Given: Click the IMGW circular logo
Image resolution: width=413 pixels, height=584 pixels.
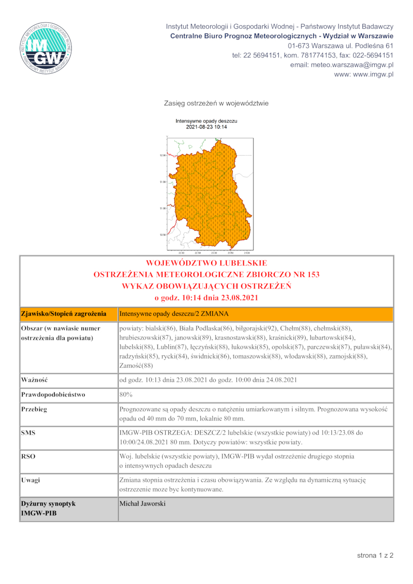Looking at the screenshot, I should (47, 48).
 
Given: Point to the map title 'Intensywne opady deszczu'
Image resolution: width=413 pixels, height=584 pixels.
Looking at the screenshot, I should (206, 121).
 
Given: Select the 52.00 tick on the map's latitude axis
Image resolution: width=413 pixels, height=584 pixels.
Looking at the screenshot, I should (163, 155).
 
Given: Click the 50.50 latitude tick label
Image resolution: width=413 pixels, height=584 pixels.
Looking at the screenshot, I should (163, 235).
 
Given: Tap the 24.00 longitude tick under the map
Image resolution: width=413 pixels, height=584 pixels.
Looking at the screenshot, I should (247, 253).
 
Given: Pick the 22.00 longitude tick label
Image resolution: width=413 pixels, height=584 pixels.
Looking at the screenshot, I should (181, 253).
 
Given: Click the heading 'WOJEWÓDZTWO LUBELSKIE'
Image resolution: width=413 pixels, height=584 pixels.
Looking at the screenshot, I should (206, 264).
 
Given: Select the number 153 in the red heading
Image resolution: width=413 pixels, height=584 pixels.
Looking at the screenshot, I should (312, 274).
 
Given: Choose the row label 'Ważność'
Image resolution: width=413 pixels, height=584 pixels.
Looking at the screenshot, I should (35, 380).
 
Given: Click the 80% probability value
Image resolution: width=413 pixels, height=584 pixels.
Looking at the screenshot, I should (126, 395).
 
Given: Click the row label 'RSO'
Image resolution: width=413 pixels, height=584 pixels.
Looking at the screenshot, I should (28, 457).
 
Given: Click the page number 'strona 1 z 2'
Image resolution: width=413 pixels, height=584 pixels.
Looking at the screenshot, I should (375, 556).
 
